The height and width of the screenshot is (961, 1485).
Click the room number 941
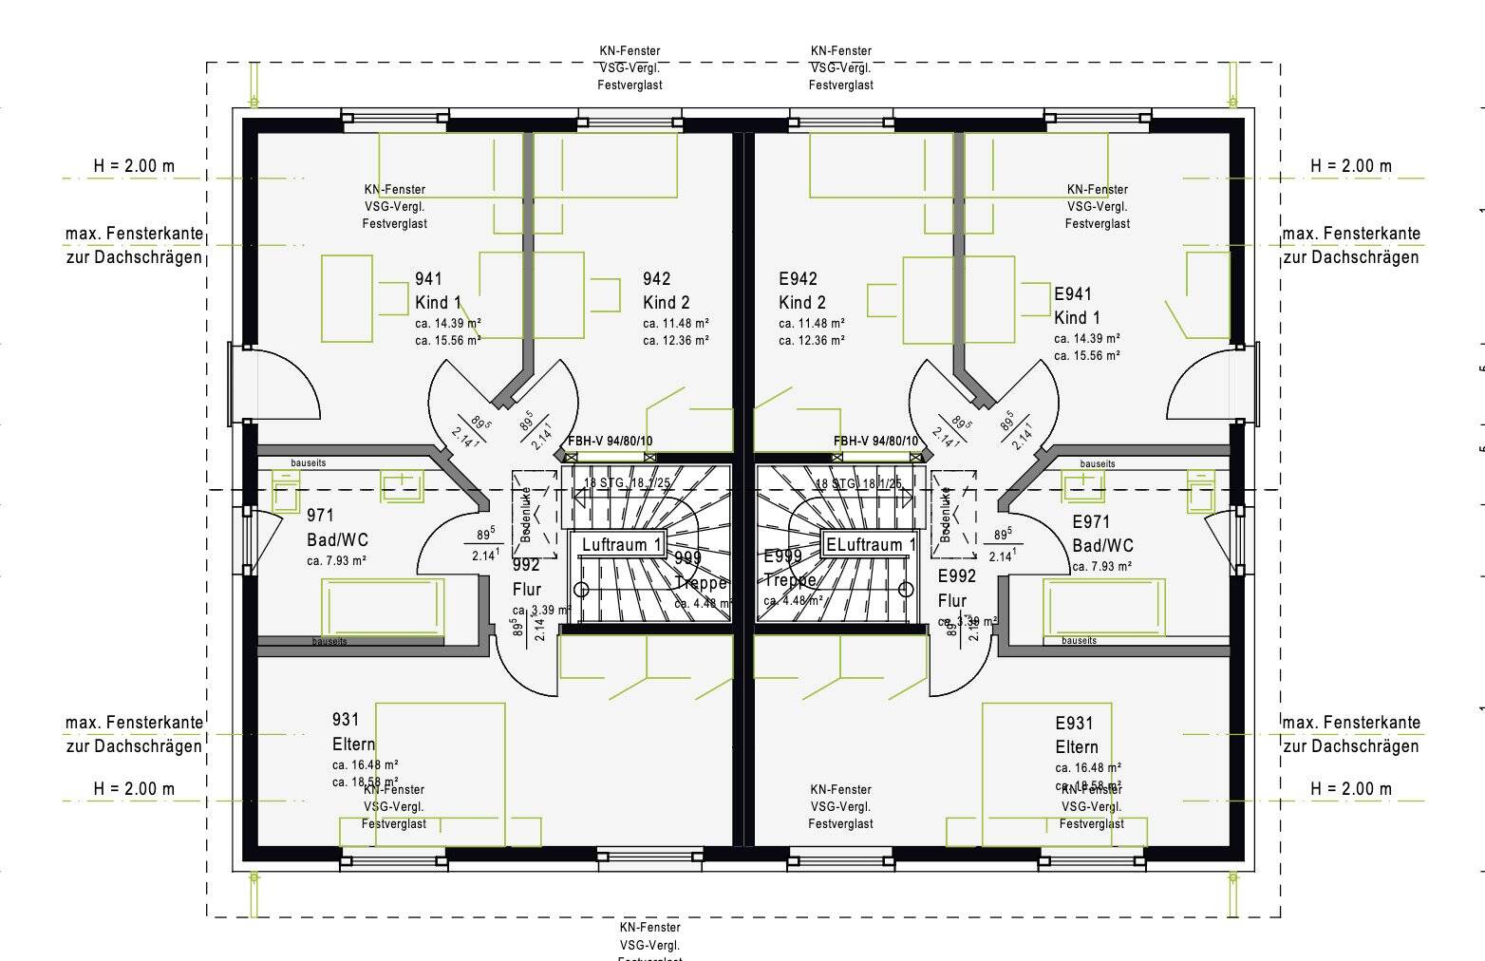coord(428,279)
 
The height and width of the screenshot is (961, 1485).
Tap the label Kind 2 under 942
coord(666,303)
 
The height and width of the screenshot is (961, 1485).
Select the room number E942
coord(798,279)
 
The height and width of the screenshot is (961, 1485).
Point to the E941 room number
coord(1073,294)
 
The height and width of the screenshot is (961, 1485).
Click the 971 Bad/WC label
coord(336,528)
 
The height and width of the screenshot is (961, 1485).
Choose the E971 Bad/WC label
coord(1101,534)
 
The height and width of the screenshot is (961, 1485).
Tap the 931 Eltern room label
coord(353,732)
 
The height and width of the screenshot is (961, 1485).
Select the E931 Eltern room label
coord(1076,735)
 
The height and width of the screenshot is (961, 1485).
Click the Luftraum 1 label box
coord(622,545)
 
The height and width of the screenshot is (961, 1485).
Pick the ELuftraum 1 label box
coord(870,545)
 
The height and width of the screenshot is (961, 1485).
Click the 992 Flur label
coord(526,577)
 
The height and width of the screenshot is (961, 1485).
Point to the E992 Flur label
coord(956,588)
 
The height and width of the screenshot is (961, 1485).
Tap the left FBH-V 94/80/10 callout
coord(610,442)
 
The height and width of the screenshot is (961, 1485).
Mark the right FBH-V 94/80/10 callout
coord(875,442)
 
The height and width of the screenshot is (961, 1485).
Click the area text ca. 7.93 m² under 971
coord(336,561)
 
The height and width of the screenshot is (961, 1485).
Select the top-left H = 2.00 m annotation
coord(134,166)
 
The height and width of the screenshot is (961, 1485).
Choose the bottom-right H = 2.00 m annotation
coord(1350,789)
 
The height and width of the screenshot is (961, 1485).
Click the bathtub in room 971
coord(383,607)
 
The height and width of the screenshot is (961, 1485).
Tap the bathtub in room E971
coord(1103,607)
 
